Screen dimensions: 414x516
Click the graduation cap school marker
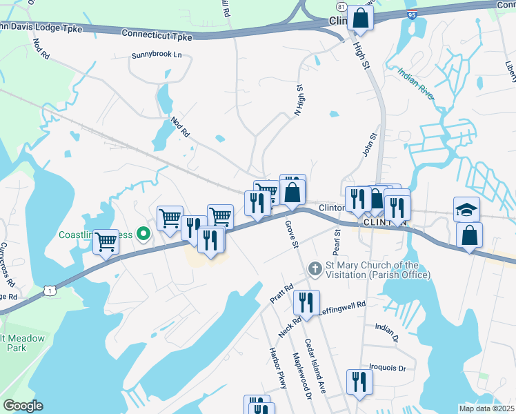pyautogui.click(x=466, y=208)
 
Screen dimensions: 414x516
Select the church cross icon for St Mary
pyautogui.click(x=315, y=268)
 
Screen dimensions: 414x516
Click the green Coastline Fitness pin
pyautogui.click(x=143, y=234)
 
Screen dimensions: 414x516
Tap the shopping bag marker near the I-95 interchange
pyautogui.click(x=360, y=18)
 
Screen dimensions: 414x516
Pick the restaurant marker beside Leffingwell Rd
pyautogui.click(x=306, y=302)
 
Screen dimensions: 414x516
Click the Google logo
pyautogui.click(x=22, y=406)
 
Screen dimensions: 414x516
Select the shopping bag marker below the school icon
pyautogui.click(x=469, y=235)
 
